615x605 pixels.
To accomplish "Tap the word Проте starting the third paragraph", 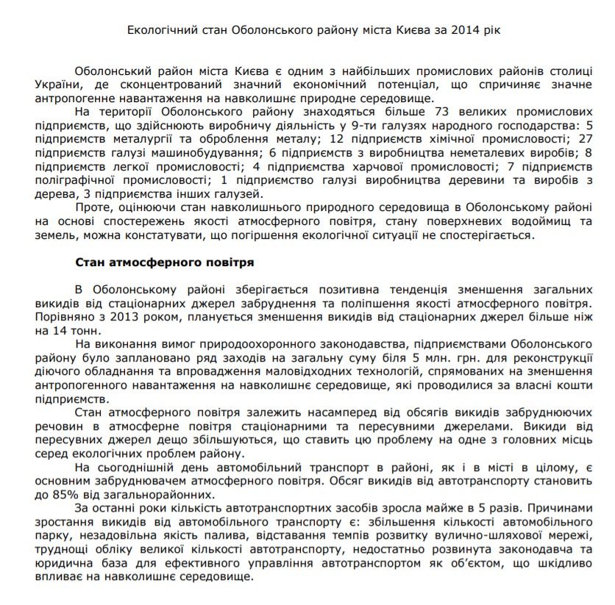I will click(x=91, y=207).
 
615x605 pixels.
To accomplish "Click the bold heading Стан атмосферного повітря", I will click(x=165, y=262).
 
